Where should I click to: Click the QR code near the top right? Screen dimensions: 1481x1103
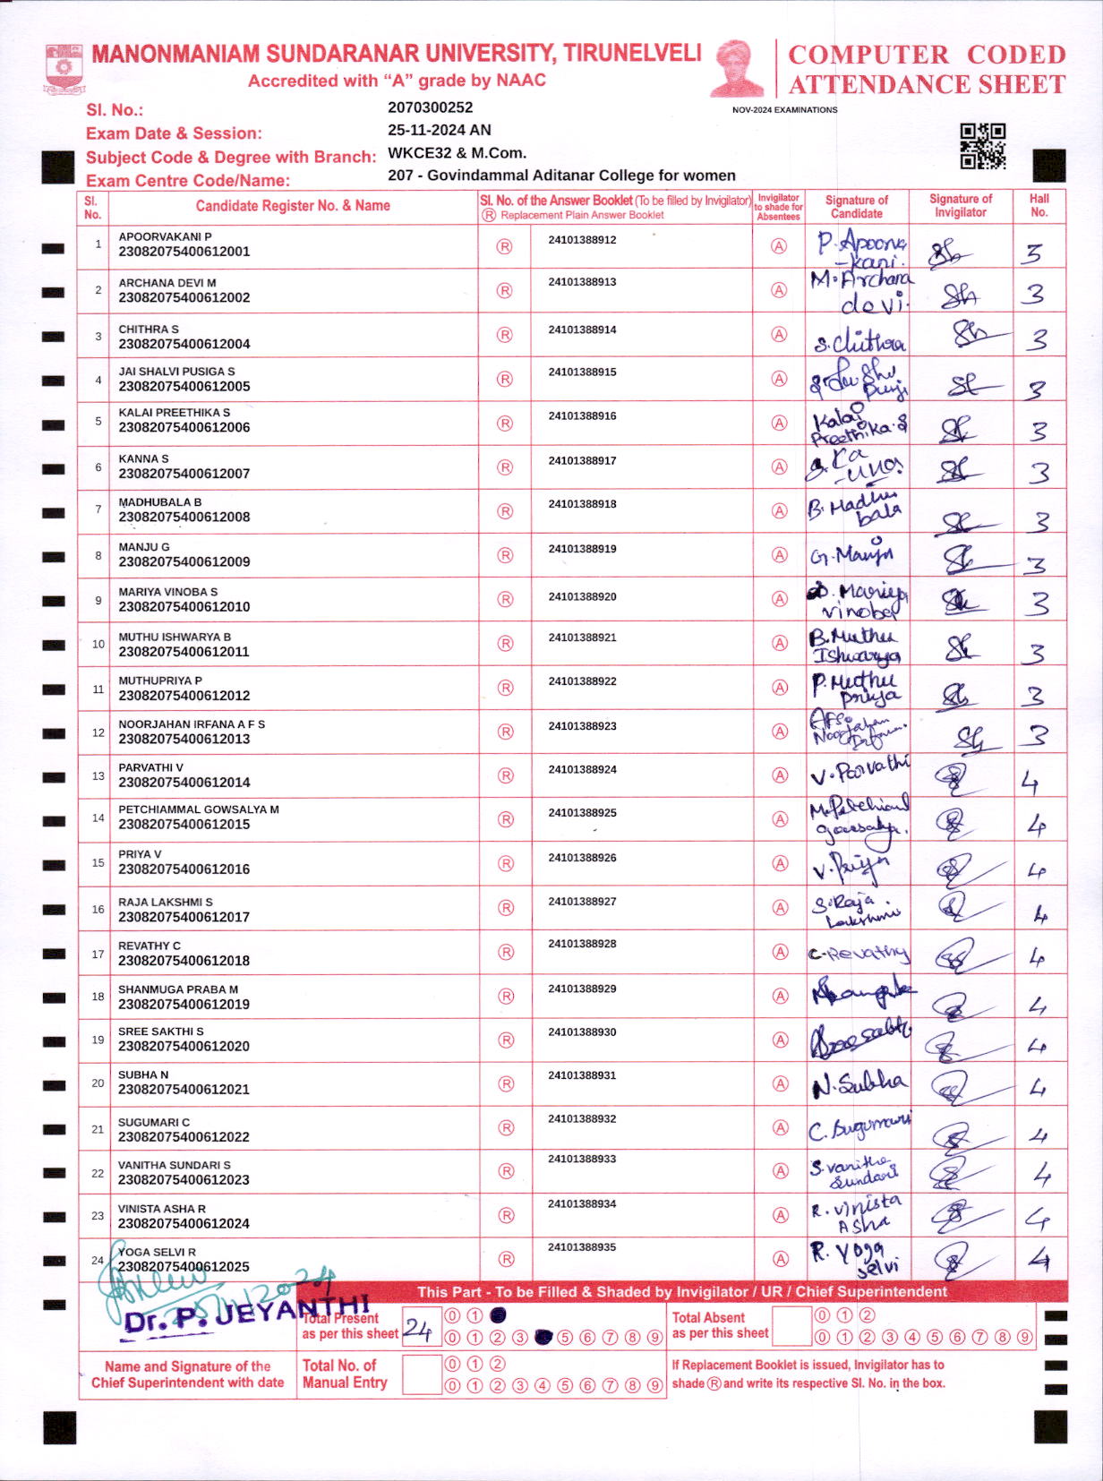tap(982, 146)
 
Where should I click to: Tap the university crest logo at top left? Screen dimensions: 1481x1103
tap(64, 68)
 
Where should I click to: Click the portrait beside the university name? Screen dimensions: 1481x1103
tap(737, 68)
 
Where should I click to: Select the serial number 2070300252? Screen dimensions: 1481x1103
tap(430, 107)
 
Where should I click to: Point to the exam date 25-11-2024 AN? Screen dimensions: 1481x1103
tap(439, 130)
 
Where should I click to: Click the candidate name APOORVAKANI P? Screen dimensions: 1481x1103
tap(165, 236)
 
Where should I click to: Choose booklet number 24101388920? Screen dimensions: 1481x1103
tap(582, 596)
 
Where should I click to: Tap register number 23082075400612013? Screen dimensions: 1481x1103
tap(184, 739)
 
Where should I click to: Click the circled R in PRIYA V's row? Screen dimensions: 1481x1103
tap(506, 864)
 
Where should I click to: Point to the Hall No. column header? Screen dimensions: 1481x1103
tap(1039, 205)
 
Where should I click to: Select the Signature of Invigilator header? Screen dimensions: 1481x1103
tap(960, 205)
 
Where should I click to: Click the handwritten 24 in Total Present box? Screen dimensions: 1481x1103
tap(417, 1328)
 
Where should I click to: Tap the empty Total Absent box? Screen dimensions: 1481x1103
tap(791, 1326)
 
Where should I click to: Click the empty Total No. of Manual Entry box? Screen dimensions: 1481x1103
tap(422, 1374)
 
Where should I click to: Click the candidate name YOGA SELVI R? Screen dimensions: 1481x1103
tap(158, 1252)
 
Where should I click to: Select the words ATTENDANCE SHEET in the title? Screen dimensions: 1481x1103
tap(927, 85)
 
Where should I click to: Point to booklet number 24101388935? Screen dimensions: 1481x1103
tap(582, 1246)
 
